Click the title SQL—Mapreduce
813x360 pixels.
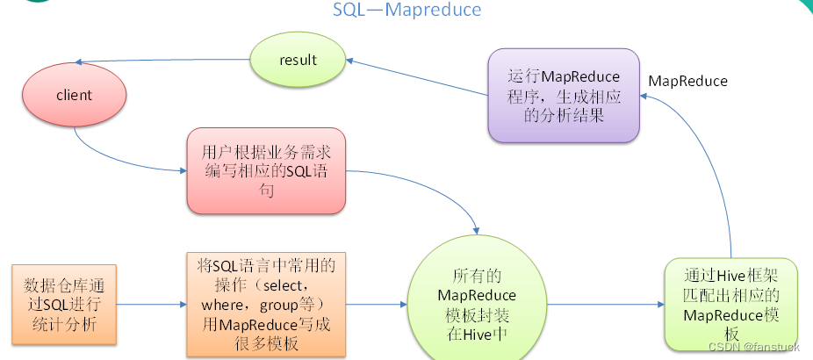pos(406,10)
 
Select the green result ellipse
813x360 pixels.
pos(298,60)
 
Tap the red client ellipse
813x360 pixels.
pos(74,96)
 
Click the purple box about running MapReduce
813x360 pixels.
pos(564,96)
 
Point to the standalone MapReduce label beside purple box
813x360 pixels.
pos(688,82)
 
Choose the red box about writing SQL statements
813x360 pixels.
pos(266,170)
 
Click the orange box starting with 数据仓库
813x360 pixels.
pos(64,305)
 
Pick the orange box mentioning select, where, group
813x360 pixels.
pos(266,305)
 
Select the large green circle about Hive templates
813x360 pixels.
pos(477,305)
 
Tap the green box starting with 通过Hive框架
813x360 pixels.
pos(731,304)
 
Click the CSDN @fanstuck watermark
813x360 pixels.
pos(753,347)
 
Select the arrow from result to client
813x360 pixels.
pos(162,61)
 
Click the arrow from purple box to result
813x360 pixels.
pos(417,77)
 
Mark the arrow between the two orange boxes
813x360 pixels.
pos(151,305)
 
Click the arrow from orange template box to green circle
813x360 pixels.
pos(377,305)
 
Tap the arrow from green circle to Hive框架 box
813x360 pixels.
pos(606,305)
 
